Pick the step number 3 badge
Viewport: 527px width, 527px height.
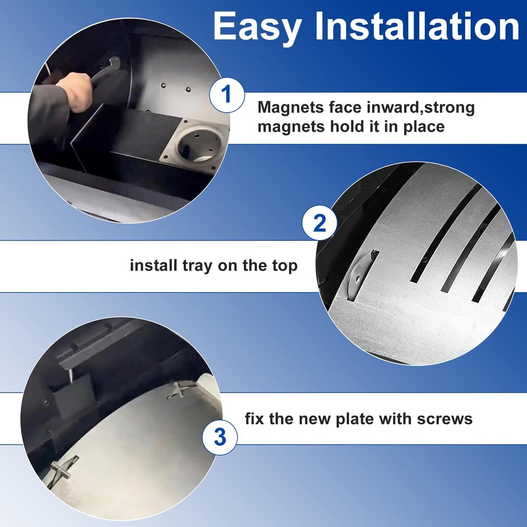click(219, 437)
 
